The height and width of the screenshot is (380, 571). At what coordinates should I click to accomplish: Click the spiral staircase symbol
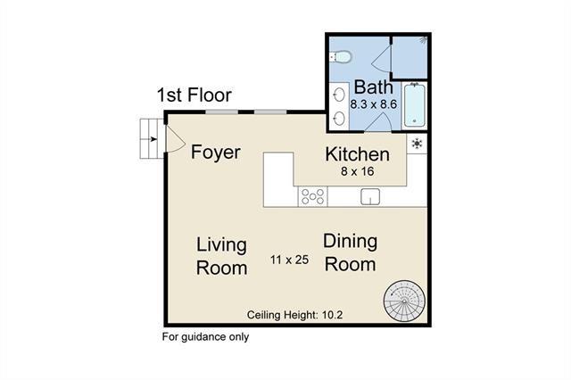pyautogui.click(x=404, y=301)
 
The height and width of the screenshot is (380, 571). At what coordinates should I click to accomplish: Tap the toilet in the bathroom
pyautogui.click(x=340, y=56)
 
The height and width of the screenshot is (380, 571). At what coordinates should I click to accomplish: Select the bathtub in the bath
pyautogui.click(x=414, y=105)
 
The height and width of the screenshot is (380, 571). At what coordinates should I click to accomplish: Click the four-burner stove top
pyautogui.click(x=313, y=196)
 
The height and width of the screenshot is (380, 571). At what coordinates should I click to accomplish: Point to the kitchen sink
pyautogui.click(x=370, y=196)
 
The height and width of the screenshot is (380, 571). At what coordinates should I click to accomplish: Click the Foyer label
pyautogui.click(x=216, y=153)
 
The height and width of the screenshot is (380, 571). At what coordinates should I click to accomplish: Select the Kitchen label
pyautogui.click(x=357, y=154)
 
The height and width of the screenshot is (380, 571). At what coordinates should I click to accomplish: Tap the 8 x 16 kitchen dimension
pyautogui.click(x=357, y=171)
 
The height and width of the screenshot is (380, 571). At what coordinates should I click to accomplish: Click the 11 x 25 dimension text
pyautogui.click(x=289, y=260)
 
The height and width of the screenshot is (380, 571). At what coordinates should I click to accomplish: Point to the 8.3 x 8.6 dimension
pyautogui.click(x=373, y=104)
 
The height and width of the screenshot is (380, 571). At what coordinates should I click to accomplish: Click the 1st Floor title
pyautogui.click(x=194, y=95)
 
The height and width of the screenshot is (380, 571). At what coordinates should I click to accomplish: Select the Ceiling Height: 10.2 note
pyautogui.click(x=295, y=315)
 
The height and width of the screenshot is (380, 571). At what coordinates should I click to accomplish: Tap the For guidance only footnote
pyautogui.click(x=205, y=337)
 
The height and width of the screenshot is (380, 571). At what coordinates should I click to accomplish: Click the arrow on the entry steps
pyautogui.click(x=153, y=138)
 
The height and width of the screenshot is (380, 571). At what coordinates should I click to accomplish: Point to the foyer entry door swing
pyautogui.click(x=175, y=138)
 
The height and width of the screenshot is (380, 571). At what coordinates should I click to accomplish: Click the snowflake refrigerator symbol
pyautogui.click(x=417, y=144)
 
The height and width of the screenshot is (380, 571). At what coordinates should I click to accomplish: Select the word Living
pyautogui.click(x=221, y=244)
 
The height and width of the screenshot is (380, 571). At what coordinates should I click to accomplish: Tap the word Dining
pyautogui.click(x=350, y=242)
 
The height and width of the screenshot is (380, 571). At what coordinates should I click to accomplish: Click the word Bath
pyautogui.click(x=373, y=87)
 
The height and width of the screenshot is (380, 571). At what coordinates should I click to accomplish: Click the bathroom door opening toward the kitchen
pyautogui.click(x=378, y=122)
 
